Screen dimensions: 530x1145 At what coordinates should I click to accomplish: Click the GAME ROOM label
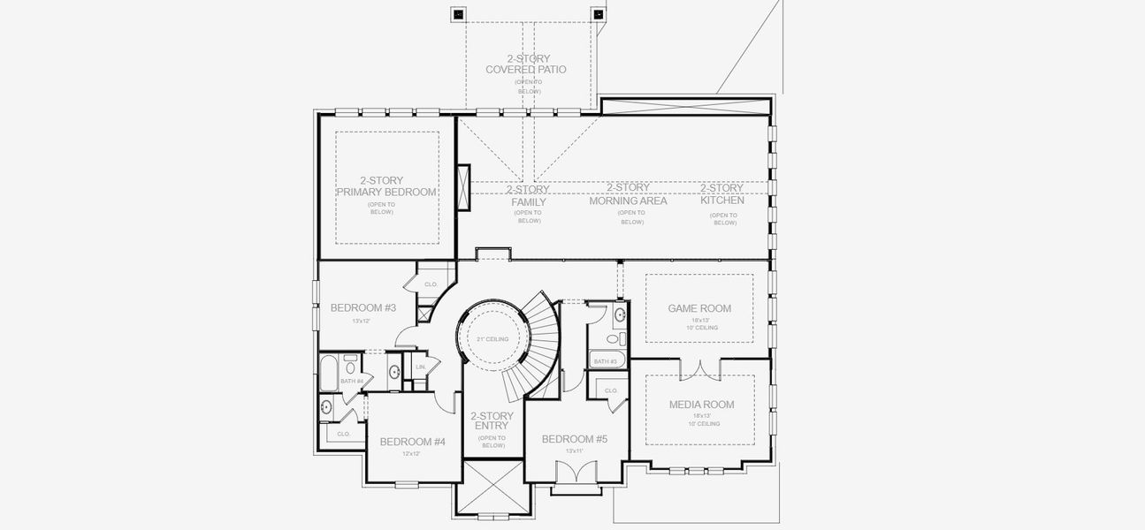tap(699, 308)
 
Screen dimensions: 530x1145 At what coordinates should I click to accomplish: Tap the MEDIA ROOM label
tap(701, 405)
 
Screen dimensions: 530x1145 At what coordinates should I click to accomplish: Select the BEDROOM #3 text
tap(363, 307)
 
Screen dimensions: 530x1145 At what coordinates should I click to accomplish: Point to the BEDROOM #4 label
tap(412, 442)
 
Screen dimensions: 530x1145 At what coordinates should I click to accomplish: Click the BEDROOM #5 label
tap(574, 439)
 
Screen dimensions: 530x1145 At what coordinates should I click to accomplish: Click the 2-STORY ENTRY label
tap(492, 421)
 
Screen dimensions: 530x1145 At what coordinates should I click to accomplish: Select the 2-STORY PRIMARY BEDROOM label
tap(387, 186)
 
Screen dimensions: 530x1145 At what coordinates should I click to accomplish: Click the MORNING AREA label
tap(629, 194)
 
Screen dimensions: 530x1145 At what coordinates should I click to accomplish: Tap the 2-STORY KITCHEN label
tap(722, 193)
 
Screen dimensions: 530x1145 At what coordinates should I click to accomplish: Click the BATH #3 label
tap(605, 361)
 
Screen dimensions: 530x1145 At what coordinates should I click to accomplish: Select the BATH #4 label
tap(351, 381)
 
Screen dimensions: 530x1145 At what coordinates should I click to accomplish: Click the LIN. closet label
tap(421, 366)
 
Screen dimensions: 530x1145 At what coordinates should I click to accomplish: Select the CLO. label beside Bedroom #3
tap(431, 284)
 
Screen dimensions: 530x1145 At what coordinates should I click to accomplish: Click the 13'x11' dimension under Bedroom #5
tap(574, 450)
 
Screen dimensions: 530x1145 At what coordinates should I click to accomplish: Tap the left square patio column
tap(458, 14)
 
